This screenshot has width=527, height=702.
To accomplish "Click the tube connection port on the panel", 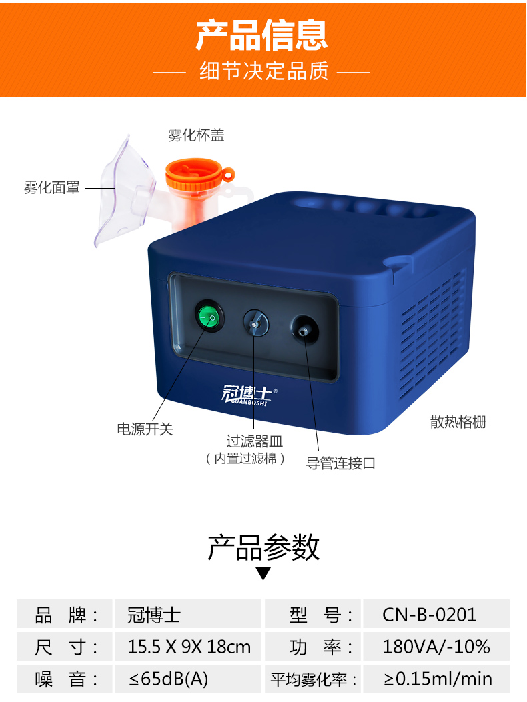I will point(304,329).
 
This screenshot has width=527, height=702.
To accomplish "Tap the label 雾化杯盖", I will point(196,135).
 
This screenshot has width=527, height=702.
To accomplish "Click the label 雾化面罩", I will point(51,188).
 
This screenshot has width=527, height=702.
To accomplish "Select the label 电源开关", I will point(145,429).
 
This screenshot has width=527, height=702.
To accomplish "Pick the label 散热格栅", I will point(458,422).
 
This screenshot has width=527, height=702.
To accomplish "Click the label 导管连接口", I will point(341,463).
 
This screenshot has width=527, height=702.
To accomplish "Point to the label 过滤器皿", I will point(255,441).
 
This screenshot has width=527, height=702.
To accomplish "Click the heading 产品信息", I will point(262,35).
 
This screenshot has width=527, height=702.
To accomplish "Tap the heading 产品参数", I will point(263,548).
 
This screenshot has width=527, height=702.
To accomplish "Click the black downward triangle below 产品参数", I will point(263,574).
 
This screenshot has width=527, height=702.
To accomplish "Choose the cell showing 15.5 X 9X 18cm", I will point(189,647).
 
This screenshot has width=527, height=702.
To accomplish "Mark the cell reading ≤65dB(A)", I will point(169,679).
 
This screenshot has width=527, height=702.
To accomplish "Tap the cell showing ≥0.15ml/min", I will point(438,679).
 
